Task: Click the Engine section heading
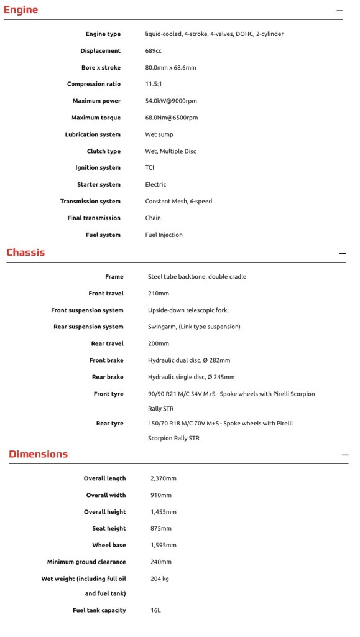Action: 21,10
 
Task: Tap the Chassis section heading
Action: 25,253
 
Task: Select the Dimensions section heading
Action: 38,454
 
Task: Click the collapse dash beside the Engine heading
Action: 339,11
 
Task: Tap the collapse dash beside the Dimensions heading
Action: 345,455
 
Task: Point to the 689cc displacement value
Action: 154,51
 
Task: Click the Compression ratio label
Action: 94,85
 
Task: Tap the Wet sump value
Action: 159,134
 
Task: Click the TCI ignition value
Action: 150,168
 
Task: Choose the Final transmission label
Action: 94,218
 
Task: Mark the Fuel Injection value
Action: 164,235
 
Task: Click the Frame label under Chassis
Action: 114,277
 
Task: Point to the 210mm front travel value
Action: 159,294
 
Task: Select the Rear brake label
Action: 108,377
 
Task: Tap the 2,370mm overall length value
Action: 164,478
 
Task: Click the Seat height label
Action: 109,529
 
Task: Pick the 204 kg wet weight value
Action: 160,579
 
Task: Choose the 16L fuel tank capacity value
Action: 155,611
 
